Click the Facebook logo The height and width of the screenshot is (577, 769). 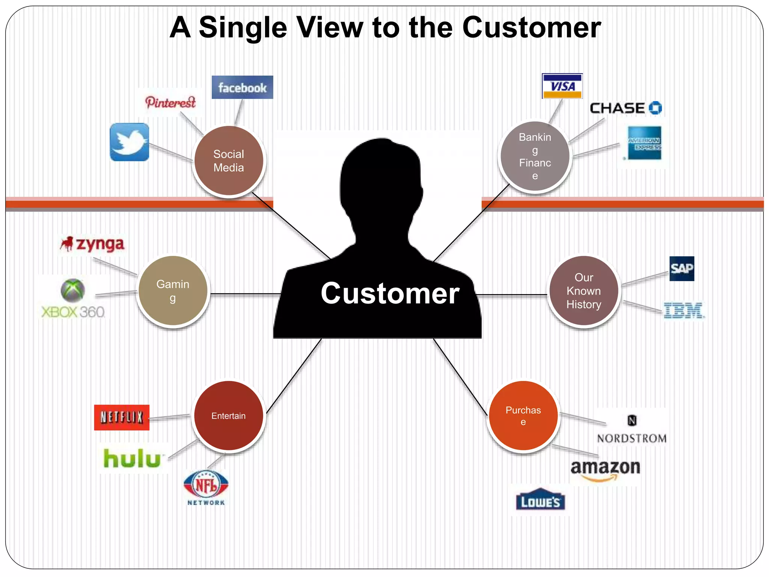point(242,88)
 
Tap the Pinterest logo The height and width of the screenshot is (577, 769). point(170,102)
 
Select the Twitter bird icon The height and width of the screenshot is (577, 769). point(130,142)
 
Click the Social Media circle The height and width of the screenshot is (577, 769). point(229,161)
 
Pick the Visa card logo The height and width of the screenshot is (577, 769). point(562,86)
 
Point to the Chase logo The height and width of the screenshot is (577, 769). point(626,108)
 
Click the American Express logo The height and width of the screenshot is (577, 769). point(644,143)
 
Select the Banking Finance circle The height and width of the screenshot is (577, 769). point(535,156)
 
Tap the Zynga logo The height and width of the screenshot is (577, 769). point(93,244)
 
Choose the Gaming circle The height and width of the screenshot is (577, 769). point(173,291)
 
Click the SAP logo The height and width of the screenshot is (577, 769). point(682,269)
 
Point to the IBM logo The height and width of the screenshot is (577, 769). point(683,311)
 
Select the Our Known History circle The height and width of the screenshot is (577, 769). point(584,291)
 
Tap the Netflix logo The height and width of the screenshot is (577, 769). point(122,417)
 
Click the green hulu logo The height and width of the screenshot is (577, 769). point(132,459)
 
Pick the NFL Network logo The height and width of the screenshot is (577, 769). point(206,488)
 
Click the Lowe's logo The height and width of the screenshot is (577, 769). point(540,500)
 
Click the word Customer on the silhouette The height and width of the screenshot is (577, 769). point(390,293)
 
